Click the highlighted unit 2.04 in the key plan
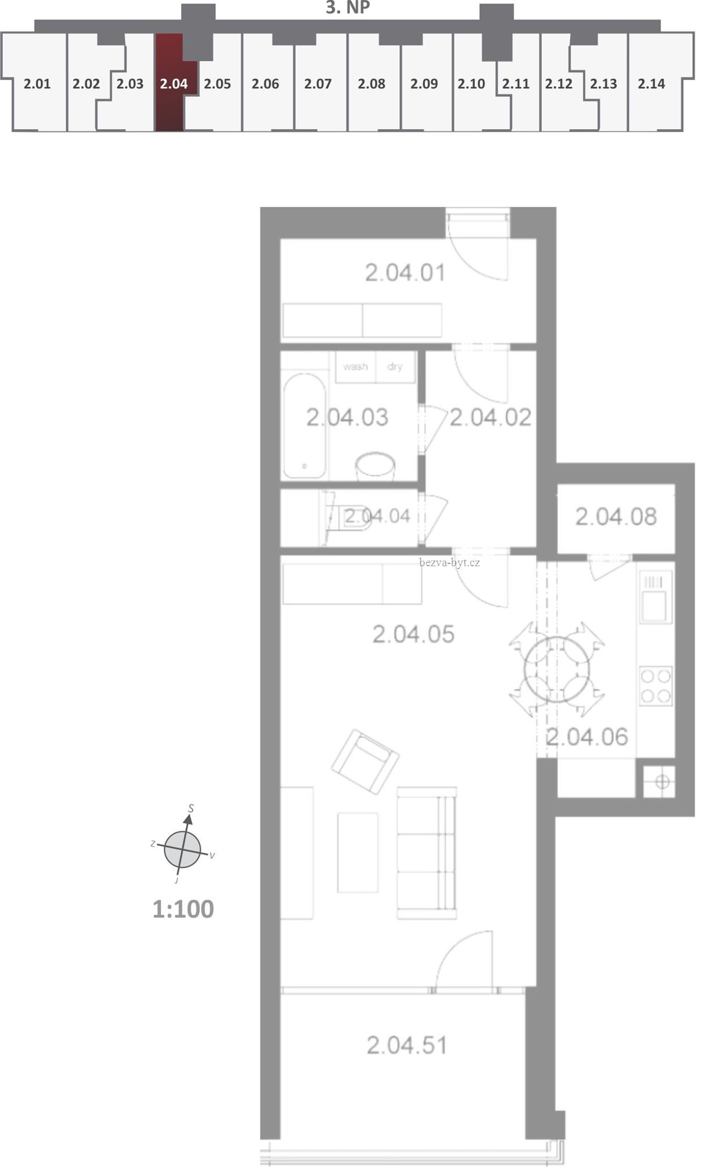pyautogui.click(x=170, y=83)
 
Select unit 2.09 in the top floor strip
pyautogui.click(x=424, y=84)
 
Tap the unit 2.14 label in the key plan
pyautogui.click(x=651, y=84)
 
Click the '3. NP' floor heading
pyautogui.click(x=348, y=8)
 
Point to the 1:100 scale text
pyautogui.click(x=183, y=909)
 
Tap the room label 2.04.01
pyautogui.click(x=405, y=273)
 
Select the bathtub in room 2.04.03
pyautogui.click(x=305, y=425)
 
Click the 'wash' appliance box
pyautogui.click(x=355, y=367)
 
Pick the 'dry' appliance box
pyautogui.click(x=395, y=367)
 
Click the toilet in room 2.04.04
pyautogui.click(x=348, y=516)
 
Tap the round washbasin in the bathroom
pyautogui.click(x=375, y=467)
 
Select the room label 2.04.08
pyautogui.click(x=616, y=516)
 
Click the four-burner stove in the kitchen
pyautogui.click(x=656, y=686)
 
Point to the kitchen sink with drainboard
pyautogui.click(x=656, y=596)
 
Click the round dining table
pyautogui.click(x=557, y=669)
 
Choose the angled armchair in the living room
pyautogui.click(x=365, y=762)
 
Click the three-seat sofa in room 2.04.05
pyautogui.click(x=426, y=853)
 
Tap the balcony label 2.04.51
pyautogui.click(x=407, y=1045)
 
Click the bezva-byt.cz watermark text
pyautogui.click(x=450, y=562)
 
